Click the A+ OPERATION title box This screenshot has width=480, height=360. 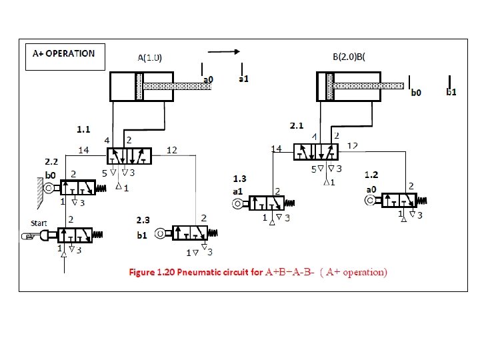[64, 56]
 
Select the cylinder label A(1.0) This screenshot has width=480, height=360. [149, 58]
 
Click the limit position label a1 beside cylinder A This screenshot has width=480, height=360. [244, 79]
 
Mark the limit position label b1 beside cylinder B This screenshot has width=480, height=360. [451, 93]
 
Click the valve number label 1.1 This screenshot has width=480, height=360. [83, 127]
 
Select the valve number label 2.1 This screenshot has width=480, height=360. [297, 125]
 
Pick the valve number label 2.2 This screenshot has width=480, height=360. [51, 161]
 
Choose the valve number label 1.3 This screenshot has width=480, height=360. [239, 178]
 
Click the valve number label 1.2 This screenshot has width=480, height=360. [371, 174]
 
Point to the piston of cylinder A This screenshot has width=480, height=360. [139, 87]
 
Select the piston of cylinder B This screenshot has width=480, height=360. [329, 85]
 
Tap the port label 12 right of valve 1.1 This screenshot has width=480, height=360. [171, 150]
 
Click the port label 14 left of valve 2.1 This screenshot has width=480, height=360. [276, 148]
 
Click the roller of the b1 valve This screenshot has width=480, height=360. [159, 233]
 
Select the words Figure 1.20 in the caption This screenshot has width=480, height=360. [151, 272]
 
